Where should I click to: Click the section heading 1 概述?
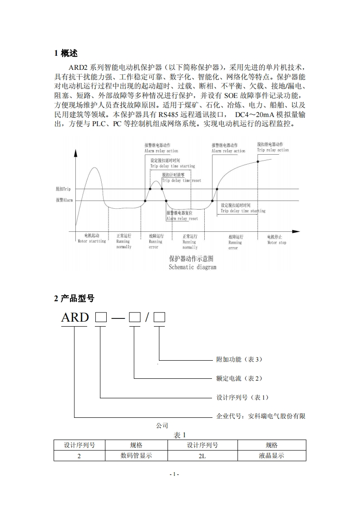(66, 54)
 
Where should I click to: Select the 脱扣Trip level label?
(64, 189)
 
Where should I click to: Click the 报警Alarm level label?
(64, 200)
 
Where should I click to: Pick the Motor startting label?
(92, 241)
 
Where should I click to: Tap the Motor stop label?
(276, 243)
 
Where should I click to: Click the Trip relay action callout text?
(273, 150)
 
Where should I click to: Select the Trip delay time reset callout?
(182, 181)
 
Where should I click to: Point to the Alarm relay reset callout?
(182, 219)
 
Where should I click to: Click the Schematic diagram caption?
(192, 267)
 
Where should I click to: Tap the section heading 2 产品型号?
(74, 299)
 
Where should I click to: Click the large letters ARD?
(75, 318)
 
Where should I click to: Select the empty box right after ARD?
(100, 318)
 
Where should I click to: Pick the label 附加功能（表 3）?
(239, 359)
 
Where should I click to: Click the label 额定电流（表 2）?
(239, 378)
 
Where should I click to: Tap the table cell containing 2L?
(202, 456)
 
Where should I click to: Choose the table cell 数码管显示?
(136, 456)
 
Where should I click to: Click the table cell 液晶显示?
(271, 456)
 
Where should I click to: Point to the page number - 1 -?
(174, 475)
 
